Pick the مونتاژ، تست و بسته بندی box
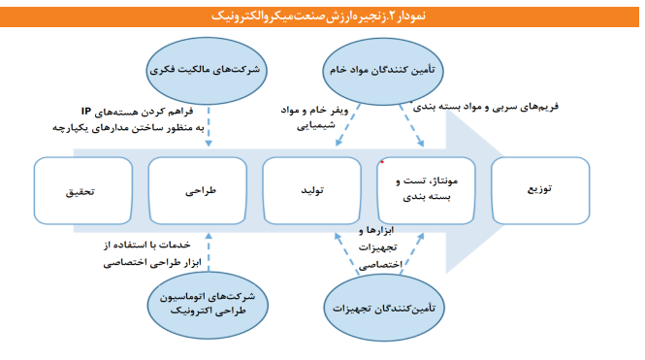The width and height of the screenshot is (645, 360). pyautogui.click(x=429, y=190)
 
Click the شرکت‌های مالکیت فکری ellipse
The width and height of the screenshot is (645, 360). pyautogui.click(x=209, y=71)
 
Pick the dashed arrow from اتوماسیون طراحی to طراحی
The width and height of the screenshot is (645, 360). pyautogui.click(x=208, y=249)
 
